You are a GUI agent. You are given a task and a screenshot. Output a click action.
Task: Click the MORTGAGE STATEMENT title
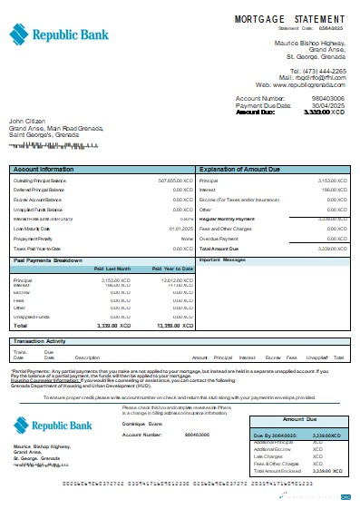(x=289, y=17)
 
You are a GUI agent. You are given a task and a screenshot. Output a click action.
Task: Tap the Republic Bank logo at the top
(x=54, y=34)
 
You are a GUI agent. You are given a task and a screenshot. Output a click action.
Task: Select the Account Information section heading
(x=44, y=170)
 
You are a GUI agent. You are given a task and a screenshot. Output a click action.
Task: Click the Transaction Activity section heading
(x=43, y=341)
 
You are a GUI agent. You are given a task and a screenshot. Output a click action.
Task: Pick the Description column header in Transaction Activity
(x=87, y=358)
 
